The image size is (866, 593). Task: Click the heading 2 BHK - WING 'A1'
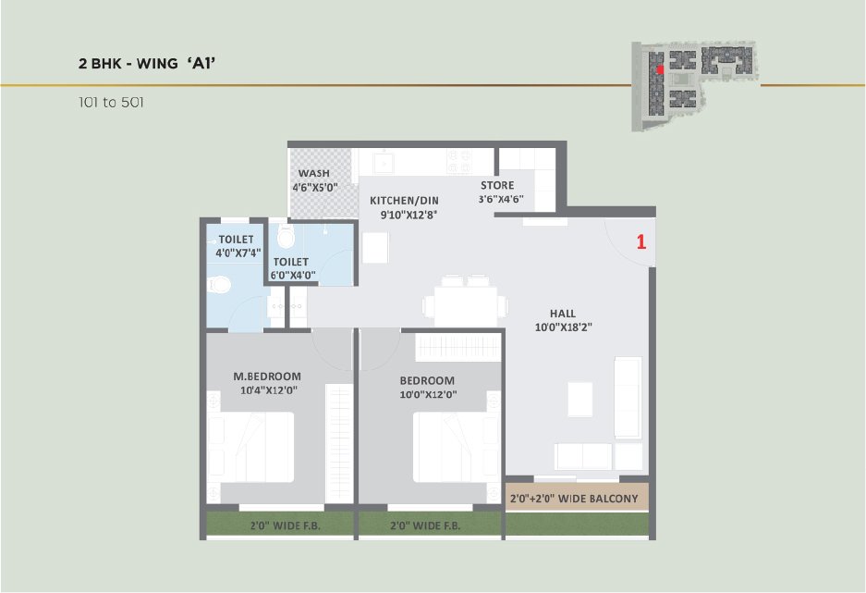(147, 63)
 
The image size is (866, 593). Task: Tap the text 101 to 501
(111, 103)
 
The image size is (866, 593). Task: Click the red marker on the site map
(660, 69)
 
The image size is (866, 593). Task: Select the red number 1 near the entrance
(641, 241)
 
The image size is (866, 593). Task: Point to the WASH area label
(313, 173)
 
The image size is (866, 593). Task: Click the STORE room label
(497, 185)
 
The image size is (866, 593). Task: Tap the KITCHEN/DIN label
(404, 200)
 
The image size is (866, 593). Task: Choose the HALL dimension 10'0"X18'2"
(564, 327)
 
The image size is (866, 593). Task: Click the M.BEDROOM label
(267, 377)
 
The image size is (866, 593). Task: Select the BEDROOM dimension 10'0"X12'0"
(428, 395)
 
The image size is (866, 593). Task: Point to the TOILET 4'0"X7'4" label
(238, 246)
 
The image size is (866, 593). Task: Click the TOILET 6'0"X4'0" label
(292, 268)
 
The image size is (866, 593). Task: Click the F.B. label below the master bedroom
(286, 525)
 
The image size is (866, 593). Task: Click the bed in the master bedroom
(250, 447)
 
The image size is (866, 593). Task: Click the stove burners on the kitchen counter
(459, 161)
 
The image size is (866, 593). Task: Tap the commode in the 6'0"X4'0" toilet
(287, 236)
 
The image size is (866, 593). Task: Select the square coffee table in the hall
(579, 399)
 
